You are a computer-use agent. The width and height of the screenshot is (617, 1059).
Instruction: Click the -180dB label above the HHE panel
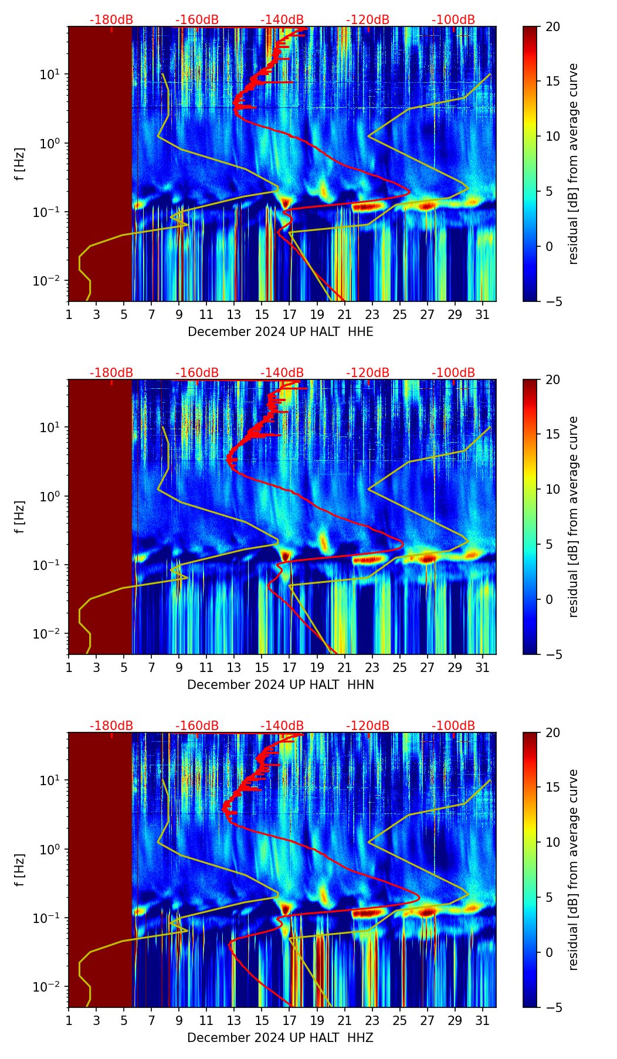point(111,20)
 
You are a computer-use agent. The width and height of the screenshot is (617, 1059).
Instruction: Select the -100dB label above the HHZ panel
point(453,726)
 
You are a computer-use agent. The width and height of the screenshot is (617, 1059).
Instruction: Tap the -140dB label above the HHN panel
point(282,373)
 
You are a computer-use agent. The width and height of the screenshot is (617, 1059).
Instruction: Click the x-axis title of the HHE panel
point(280,332)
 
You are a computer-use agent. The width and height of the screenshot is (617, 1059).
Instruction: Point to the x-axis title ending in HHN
point(280,685)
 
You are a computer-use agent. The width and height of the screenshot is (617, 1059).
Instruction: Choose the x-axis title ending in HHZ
point(280,1038)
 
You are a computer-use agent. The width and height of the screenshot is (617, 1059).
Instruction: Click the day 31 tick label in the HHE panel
point(483,315)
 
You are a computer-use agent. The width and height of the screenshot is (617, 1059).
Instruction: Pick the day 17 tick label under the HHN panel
point(289,668)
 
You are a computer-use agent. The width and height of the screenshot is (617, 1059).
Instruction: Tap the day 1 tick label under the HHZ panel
point(69,1021)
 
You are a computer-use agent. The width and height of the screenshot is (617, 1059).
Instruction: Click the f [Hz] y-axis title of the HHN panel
point(20,517)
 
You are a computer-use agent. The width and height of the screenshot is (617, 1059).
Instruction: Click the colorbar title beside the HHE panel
point(574,164)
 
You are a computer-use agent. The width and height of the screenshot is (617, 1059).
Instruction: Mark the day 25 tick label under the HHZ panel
point(399,1021)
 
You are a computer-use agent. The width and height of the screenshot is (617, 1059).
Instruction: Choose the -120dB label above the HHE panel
point(368,20)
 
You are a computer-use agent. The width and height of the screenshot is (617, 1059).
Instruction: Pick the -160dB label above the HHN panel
point(197,373)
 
